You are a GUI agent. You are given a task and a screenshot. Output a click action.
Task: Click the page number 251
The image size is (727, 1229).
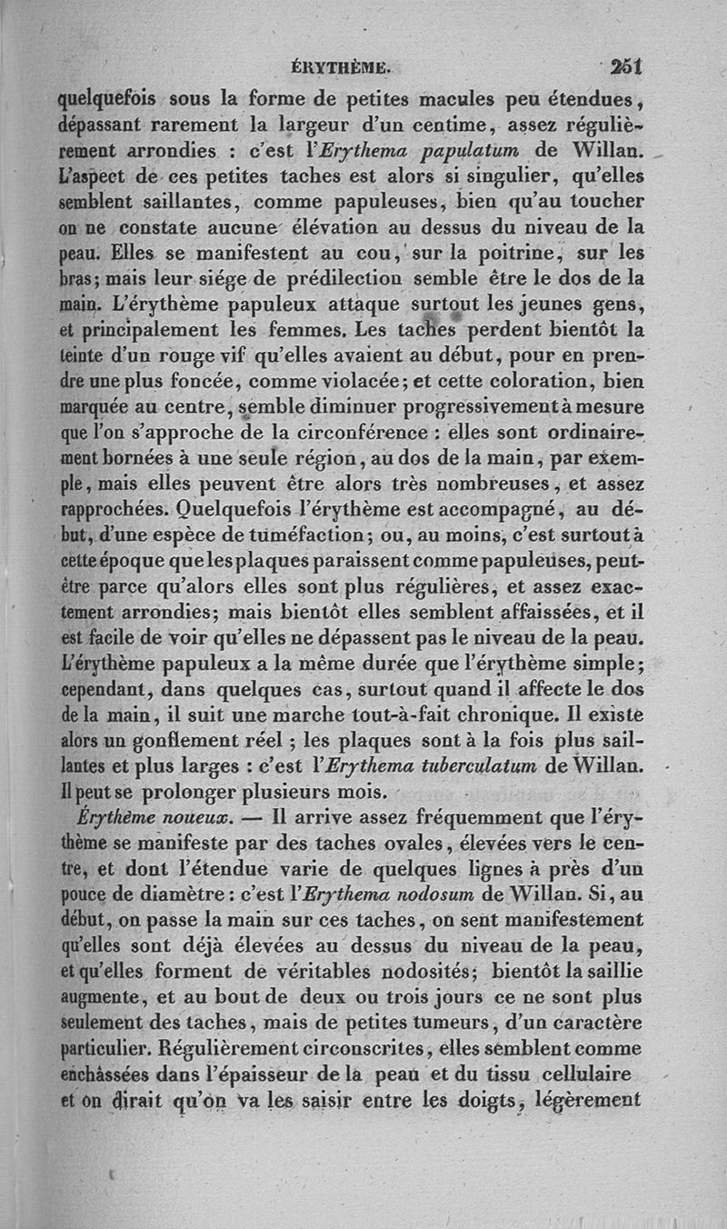[625, 65]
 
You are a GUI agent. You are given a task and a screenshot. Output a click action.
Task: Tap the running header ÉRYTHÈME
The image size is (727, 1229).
[338, 66]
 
